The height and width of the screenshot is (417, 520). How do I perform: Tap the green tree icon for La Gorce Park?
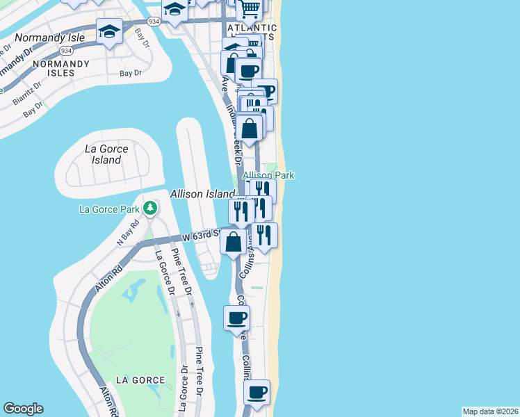pyautogui.click(x=149, y=208)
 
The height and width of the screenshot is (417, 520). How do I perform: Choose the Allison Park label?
pyautogui.click(x=268, y=176)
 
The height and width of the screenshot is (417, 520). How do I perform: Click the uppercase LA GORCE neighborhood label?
pyautogui.click(x=140, y=380)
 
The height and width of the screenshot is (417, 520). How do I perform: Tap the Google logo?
pyautogui.click(x=24, y=409)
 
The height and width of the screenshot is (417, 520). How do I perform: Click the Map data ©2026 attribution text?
pyautogui.click(x=490, y=411)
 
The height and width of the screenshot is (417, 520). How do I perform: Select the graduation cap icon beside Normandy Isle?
pyautogui.click(x=110, y=31)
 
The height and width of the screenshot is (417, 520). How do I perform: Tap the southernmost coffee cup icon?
pyautogui.click(x=257, y=392)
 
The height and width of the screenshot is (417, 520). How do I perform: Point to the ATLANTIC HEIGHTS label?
pyautogui.click(x=260, y=31)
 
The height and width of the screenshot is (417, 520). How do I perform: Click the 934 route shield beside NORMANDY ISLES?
pyautogui.click(x=67, y=51)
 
